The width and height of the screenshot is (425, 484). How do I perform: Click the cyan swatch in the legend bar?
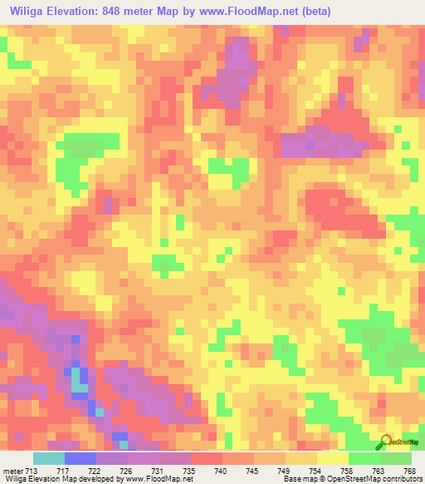[x=48, y=458]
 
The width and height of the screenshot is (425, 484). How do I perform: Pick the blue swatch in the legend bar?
[x=80, y=458]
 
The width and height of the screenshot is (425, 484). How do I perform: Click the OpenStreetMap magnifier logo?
[x=386, y=442]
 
